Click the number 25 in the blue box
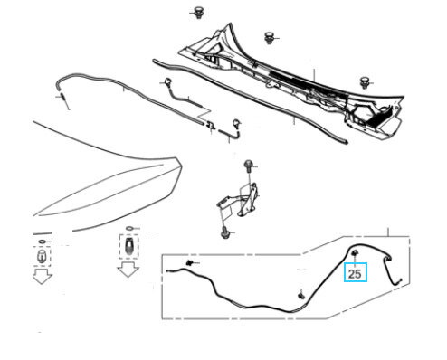pyautogui.click(x=355, y=274)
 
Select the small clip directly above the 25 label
pyautogui.click(x=355, y=253)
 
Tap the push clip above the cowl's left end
pyautogui.click(x=198, y=12)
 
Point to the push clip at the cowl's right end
pyautogui.click(x=365, y=82)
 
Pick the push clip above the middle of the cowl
pyautogui.click(x=269, y=38)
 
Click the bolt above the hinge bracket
pyautogui.click(x=248, y=166)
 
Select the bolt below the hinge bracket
pyautogui.click(x=225, y=232)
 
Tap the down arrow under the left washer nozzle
pyautogui.click(x=43, y=277)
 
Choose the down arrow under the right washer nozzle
pyautogui.click(x=128, y=270)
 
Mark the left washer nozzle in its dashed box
pyautogui.click(x=42, y=256)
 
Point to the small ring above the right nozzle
pyautogui.click(x=129, y=228)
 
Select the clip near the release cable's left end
pyautogui.click(x=190, y=263)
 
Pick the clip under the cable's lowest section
pyautogui.click(x=301, y=295)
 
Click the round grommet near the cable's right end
pyautogui.click(x=387, y=258)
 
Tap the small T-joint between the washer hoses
pyautogui.click(x=211, y=125)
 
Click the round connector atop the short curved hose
pyautogui.click(x=167, y=81)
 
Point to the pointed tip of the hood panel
pyautogui.click(x=180, y=164)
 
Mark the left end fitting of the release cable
pyautogui.click(x=170, y=270)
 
